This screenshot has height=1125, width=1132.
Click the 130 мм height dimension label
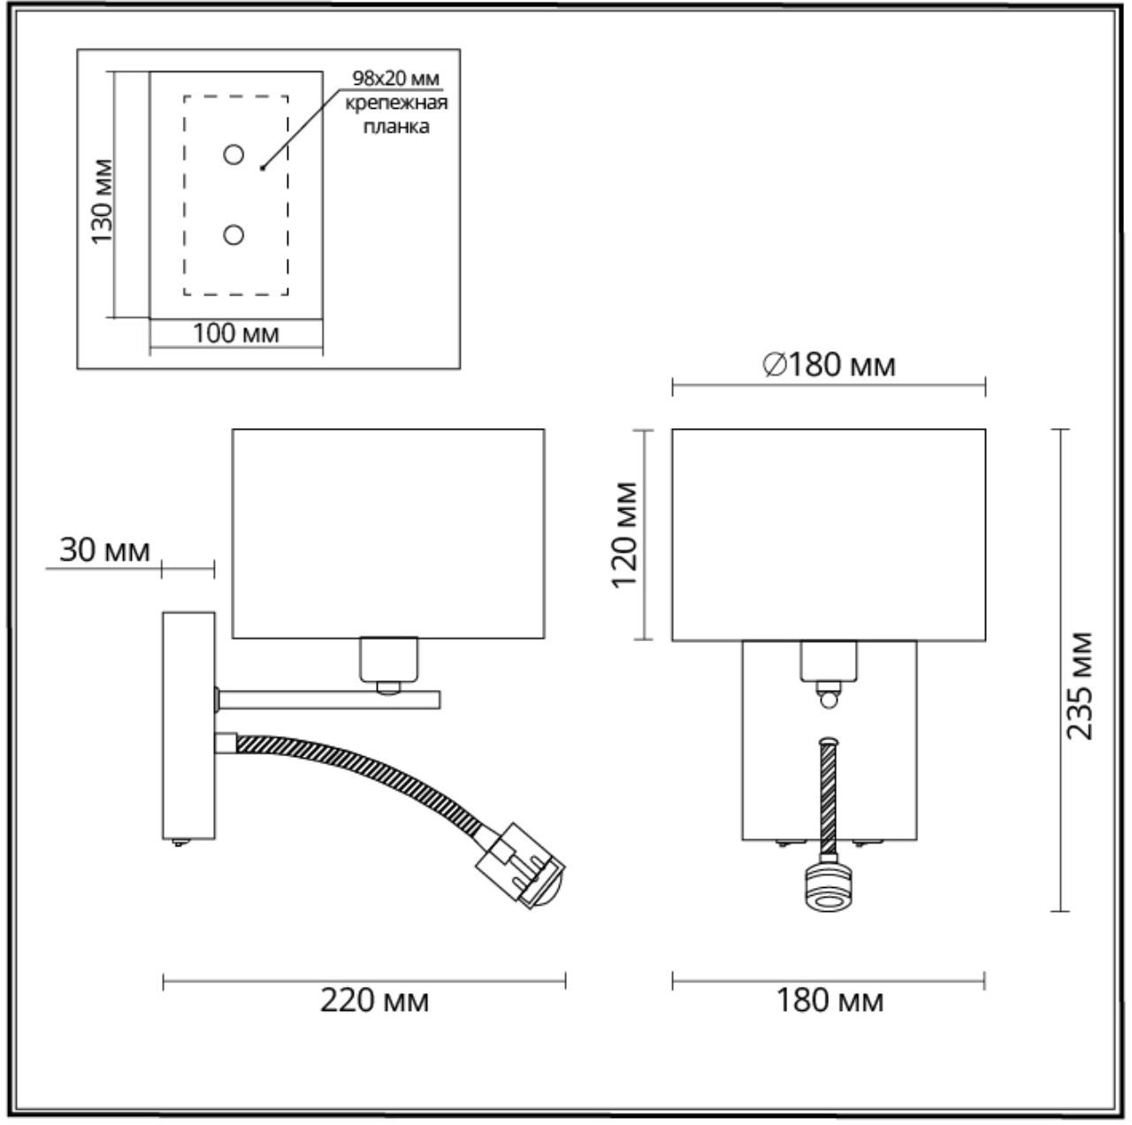coord(102,201)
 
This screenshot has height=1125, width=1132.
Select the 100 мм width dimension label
coord(235,333)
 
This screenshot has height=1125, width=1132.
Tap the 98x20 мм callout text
coord(395,78)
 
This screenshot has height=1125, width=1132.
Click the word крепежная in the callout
coord(396,103)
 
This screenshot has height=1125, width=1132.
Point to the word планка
coord(396,126)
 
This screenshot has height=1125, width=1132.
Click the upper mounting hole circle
coord(233,155)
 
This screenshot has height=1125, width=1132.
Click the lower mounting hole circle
coord(233,234)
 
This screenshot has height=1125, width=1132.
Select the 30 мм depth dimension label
coord(105,551)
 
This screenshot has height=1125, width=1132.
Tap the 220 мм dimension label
coord(374,999)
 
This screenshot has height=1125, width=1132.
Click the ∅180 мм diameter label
coord(829,365)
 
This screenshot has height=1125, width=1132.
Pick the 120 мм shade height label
coord(623,535)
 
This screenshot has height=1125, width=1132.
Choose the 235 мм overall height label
coord(1079,685)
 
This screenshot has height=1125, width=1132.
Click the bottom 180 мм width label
coord(830,999)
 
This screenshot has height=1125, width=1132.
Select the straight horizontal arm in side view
coord(329,700)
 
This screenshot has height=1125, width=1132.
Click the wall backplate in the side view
coord(188,725)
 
